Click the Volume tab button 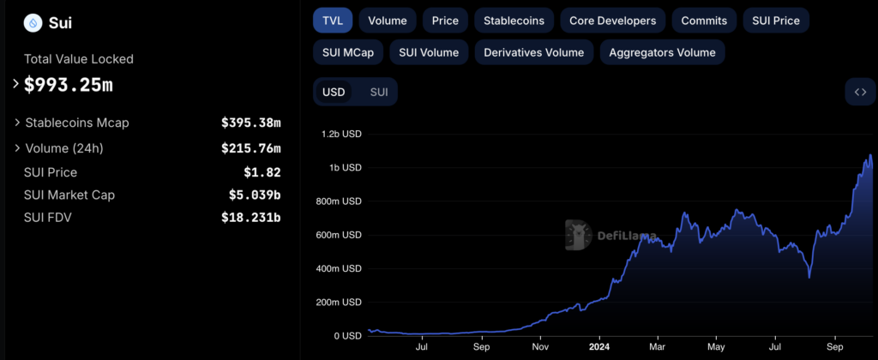coord(388,20)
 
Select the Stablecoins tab coord(514,20)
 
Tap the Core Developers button coord(612,20)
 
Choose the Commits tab coord(704,20)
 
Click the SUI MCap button coord(347,52)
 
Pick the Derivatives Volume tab coord(533,52)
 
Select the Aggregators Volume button coord(662,52)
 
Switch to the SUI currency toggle coord(378,92)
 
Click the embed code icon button coord(860,92)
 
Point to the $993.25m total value coord(69,85)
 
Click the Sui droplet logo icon coord(33,23)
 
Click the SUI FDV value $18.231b coord(250,217)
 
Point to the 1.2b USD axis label coord(341,134)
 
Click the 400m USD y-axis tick coord(340,268)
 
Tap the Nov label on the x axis coord(540,349)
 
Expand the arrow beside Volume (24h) coord(17,148)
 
